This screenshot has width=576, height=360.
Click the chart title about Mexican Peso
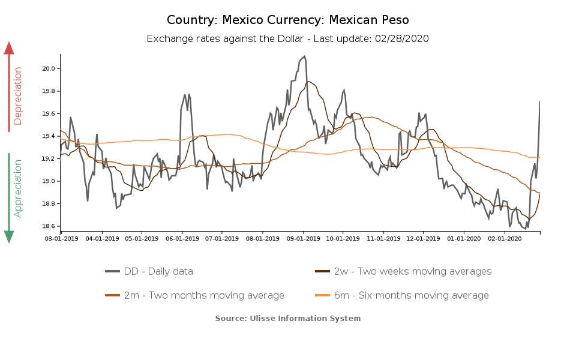(288, 20)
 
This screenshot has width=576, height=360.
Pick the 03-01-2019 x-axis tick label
(62, 238)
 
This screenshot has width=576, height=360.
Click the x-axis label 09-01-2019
(303, 238)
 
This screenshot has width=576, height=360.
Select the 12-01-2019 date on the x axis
(423, 238)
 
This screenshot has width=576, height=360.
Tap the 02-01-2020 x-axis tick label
(505, 238)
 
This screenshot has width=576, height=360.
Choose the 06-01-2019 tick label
(182, 238)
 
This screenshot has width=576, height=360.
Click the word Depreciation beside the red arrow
(18, 96)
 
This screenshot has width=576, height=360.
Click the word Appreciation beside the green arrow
(18, 188)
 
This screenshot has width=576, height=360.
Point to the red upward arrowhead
(9, 48)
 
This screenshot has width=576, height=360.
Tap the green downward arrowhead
(9, 236)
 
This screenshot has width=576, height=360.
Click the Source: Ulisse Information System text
(288, 318)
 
